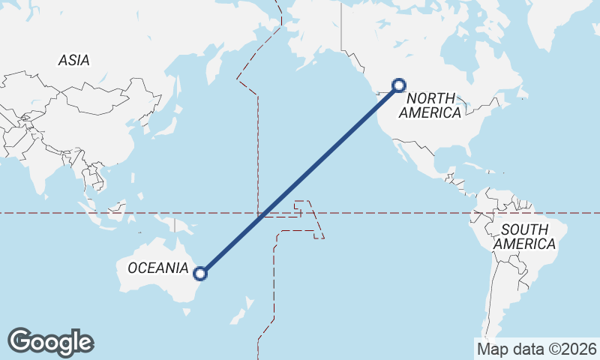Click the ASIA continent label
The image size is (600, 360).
tap(73, 61)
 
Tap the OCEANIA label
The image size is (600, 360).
tap(157, 268)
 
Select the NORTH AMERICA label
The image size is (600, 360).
tap(430, 106)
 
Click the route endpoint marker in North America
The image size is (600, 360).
tap(399, 85)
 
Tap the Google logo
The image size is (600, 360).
tap(50, 342)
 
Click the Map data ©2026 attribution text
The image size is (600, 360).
tap(536, 349)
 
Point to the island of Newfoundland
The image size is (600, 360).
tap(524, 94)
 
